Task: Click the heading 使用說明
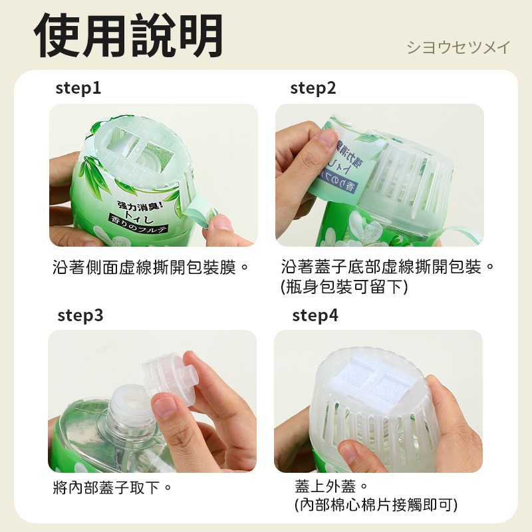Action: coord(129,35)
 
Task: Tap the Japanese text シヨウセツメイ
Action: coord(458,48)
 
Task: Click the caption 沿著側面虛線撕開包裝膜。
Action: coord(151,268)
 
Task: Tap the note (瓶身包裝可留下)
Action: coord(344,287)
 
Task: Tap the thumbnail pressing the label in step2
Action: coord(327,138)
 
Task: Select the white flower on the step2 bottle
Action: coord(368,227)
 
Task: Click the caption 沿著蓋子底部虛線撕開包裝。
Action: coord(388,268)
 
